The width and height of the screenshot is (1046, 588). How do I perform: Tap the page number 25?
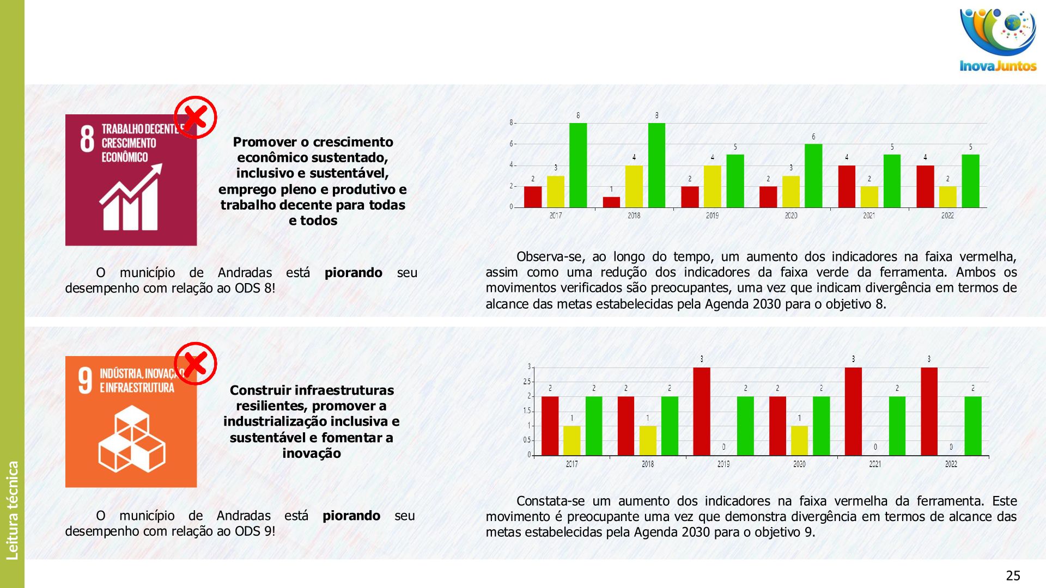click(1013, 575)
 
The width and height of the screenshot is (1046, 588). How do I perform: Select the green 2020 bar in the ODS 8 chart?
click(813, 175)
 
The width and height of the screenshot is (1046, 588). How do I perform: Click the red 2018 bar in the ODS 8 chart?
click(611, 202)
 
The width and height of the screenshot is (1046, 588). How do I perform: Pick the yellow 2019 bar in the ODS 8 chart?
click(712, 186)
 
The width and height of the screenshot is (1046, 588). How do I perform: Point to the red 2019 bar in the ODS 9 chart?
click(702, 411)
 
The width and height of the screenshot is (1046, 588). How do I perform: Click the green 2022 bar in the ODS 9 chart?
click(973, 426)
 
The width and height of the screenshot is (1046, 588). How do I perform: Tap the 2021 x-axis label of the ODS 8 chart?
click(869, 216)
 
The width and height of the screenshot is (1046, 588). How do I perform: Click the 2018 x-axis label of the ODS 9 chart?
click(648, 464)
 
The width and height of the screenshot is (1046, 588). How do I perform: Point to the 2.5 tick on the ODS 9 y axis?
click(526, 382)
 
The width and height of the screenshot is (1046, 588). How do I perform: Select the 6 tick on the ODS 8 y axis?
click(512, 144)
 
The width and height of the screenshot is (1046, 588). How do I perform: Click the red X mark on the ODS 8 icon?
click(195, 117)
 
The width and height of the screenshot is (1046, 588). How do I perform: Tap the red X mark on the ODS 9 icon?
click(195, 363)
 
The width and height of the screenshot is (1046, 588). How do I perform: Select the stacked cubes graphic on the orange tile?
click(132, 439)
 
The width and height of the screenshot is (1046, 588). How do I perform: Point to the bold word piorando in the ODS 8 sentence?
click(353, 272)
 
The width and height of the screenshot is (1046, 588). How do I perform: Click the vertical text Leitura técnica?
click(12, 510)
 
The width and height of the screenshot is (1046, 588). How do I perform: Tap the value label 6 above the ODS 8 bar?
click(813, 137)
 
